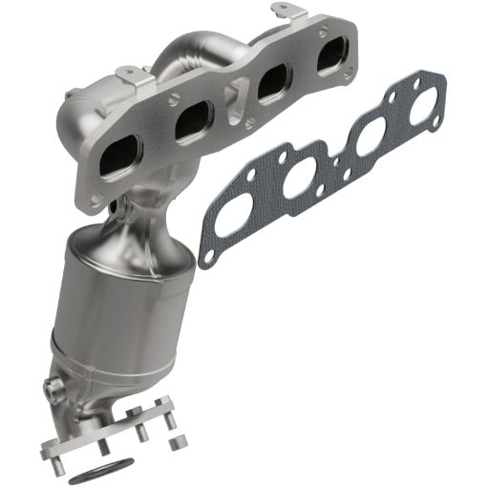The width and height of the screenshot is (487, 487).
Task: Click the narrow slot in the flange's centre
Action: [x=232, y=100]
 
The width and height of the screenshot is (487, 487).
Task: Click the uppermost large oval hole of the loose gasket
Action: [x=420, y=105]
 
